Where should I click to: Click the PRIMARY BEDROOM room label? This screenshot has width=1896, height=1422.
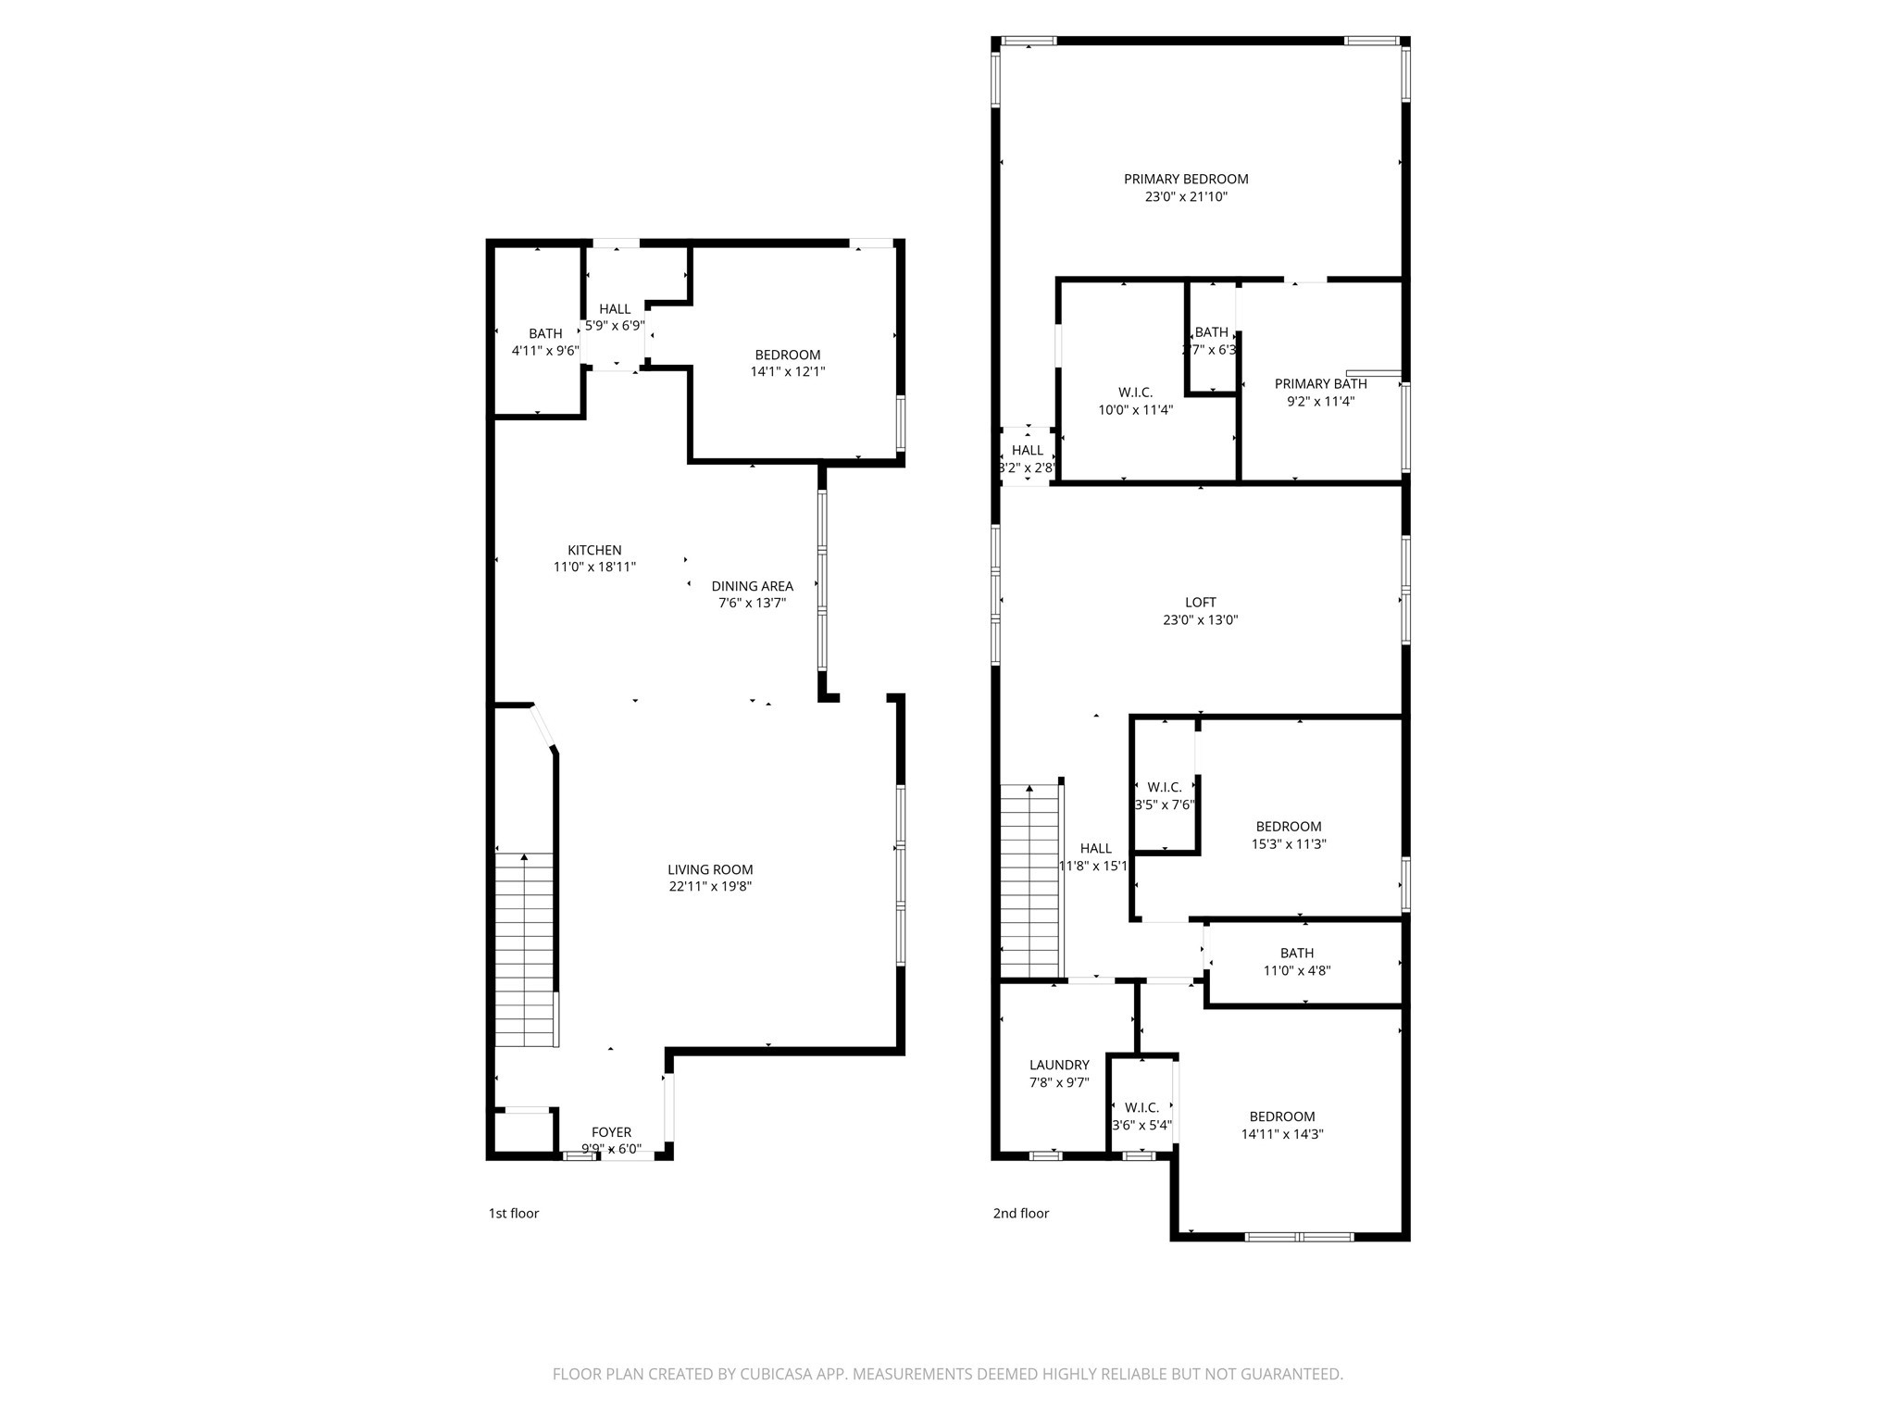coord(1185,179)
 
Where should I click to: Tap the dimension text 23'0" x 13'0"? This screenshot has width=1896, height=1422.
coord(1200,620)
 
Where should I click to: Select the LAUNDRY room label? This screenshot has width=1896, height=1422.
coord(1059,1065)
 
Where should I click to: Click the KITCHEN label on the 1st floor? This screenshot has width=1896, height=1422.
coord(594,550)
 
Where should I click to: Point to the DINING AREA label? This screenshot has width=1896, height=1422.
coord(752,586)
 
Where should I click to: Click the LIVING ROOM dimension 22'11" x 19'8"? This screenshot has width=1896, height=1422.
coord(711,886)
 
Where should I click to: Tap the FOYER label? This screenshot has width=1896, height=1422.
coord(611,1132)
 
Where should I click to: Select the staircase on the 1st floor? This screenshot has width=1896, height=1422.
coord(525,949)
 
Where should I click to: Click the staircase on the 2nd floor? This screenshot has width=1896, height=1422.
coord(1029,879)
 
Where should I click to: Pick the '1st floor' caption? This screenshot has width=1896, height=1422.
coord(513,1213)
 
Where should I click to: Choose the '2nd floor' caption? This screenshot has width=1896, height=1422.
coord(1020,1213)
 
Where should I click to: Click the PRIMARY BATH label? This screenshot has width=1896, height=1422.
coord(1320,383)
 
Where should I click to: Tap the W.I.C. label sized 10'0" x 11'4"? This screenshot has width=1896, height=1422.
coord(1135,393)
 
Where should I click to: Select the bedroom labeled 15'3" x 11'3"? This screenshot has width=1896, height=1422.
coord(1288,827)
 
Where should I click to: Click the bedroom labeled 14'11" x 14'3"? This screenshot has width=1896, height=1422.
coord(1281,1116)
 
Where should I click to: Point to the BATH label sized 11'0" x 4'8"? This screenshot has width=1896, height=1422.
coord(1296,953)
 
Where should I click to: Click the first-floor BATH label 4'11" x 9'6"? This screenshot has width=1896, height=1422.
coord(545,333)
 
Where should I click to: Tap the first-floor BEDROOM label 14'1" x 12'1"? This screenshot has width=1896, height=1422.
coord(787,355)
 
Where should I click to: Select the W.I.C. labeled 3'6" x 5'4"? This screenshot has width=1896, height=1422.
coord(1141,1107)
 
